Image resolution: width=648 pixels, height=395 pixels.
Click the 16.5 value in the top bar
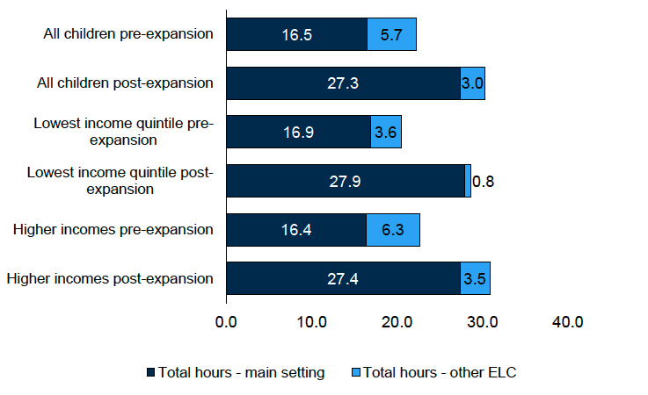(296, 35)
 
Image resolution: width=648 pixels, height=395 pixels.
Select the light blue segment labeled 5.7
(391, 35)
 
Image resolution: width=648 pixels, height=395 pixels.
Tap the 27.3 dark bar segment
(343, 83)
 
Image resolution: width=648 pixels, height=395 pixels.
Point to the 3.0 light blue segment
(472, 83)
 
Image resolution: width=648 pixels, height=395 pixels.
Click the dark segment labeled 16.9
(298, 132)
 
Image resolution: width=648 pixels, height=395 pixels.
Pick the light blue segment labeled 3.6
(386, 132)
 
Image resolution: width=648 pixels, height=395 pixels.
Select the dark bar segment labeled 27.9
(345, 182)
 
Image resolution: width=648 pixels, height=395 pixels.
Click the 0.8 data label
(484, 182)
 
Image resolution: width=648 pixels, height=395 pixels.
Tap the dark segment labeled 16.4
(296, 230)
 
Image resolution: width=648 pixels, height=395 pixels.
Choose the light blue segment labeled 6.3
(393, 230)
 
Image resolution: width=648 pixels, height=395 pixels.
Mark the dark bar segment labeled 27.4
(343, 279)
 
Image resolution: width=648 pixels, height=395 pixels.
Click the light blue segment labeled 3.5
(475, 279)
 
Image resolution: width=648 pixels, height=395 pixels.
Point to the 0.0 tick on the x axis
(226, 322)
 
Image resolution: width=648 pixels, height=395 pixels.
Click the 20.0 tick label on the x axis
(397, 322)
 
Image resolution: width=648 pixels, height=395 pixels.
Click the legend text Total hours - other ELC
(439, 372)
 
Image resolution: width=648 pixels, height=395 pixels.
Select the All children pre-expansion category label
(128, 35)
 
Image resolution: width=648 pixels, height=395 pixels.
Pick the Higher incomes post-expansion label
(110, 279)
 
